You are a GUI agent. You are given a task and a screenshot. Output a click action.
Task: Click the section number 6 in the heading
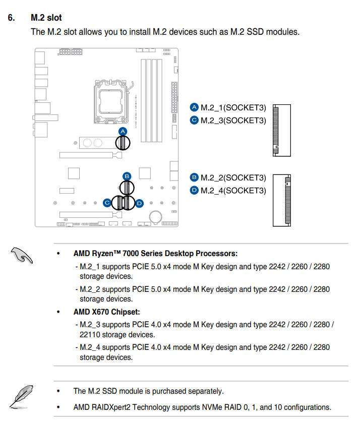pos(11,18)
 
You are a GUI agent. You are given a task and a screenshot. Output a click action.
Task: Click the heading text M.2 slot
pos(46,18)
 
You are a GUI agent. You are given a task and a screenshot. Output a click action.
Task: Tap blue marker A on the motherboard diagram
pos(123,131)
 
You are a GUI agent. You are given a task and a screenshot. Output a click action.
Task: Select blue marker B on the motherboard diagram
pos(127,176)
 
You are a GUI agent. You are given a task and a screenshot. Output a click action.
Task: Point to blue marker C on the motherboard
pos(107,203)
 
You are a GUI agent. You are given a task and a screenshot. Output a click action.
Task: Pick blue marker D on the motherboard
pos(140,203)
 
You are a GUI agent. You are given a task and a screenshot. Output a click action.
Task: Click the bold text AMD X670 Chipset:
pos(106,312)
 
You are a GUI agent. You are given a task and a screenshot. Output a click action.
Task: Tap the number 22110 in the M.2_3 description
pos(90,335)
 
